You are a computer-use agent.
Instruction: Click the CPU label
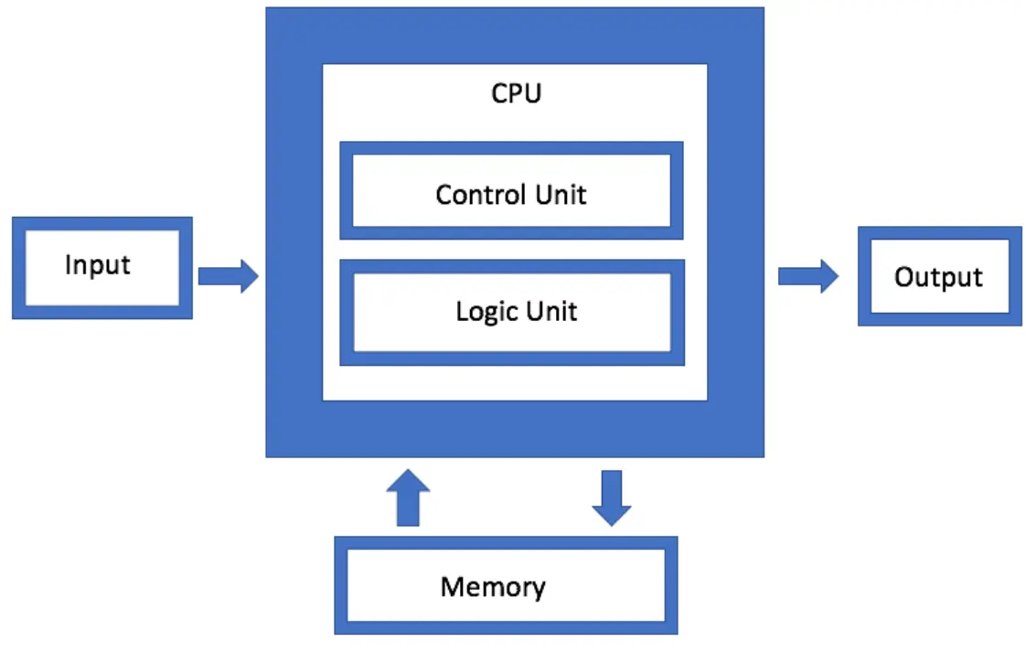(x=516, y=94)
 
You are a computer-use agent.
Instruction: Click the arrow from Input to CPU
(x=228, y=275)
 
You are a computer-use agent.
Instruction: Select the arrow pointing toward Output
(x=807, y=275)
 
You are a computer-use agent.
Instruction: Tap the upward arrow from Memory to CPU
(x=407, y=498)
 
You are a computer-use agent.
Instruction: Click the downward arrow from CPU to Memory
(x=611, y=498)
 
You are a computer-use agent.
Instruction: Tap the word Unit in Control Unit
(x=560, y=195)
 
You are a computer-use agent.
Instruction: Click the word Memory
(x=493, y=586)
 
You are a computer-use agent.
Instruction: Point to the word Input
(x=98, y=266)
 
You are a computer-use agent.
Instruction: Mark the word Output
(x=938, y=277)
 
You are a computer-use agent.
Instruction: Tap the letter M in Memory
(x=451, y=586)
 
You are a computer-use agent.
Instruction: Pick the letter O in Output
(x=903, y=277)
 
